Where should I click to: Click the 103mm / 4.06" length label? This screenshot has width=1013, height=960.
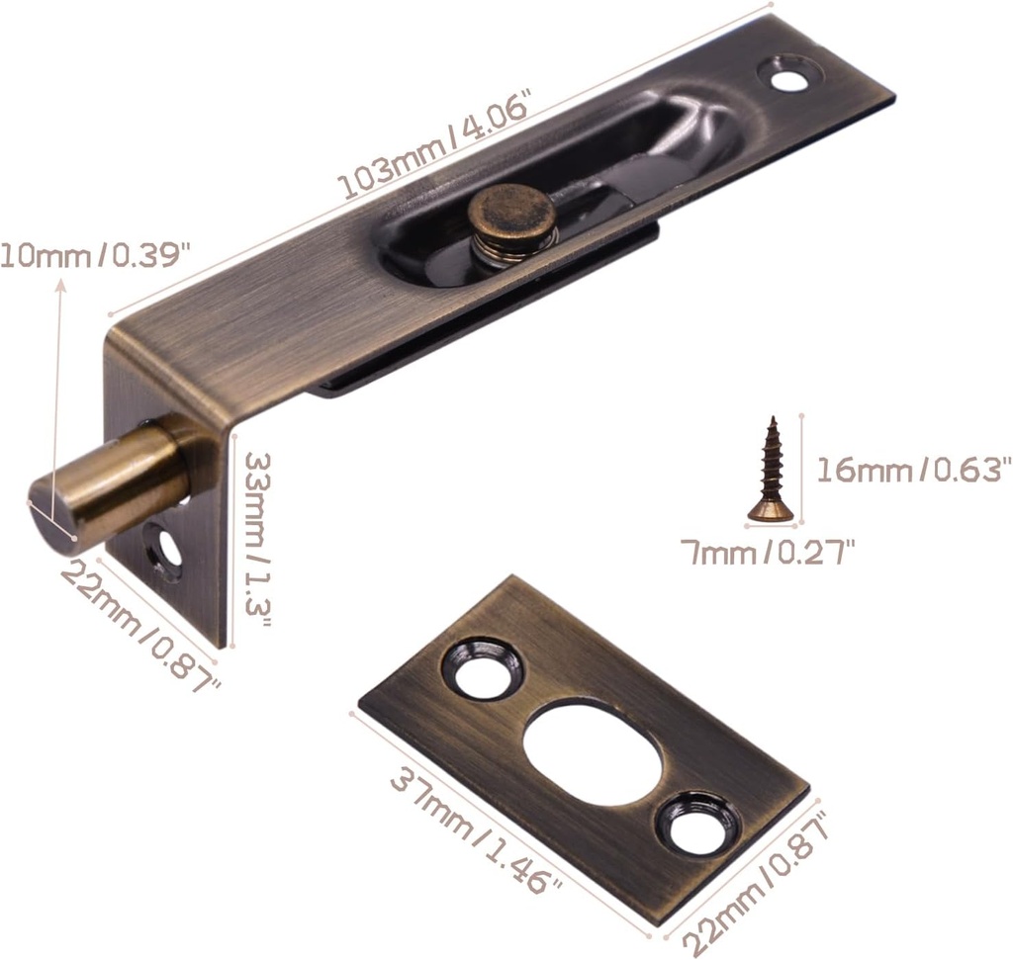coord(436,145)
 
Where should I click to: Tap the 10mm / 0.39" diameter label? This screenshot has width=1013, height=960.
coord(94,255)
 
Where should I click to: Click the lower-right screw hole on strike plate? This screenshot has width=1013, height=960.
coord(698,823)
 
